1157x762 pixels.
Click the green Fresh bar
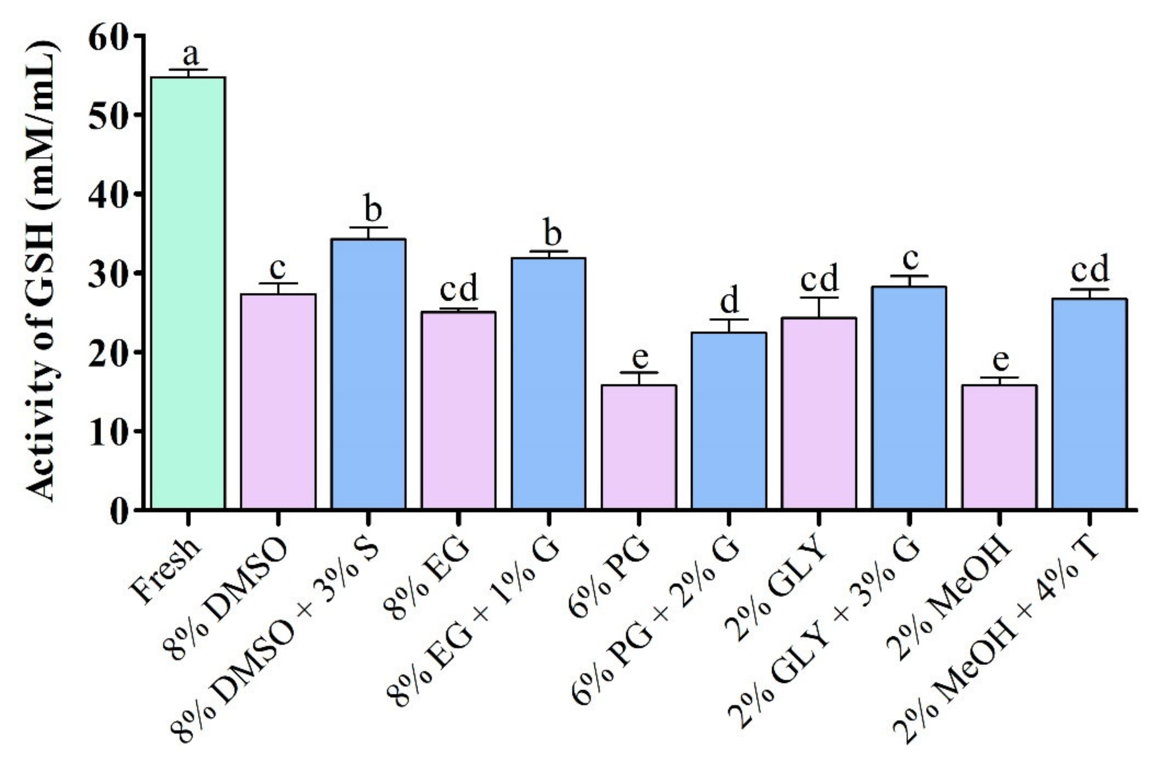point(187,292)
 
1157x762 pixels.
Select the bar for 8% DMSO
point(278,401)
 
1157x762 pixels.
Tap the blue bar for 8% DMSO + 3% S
point(369,374)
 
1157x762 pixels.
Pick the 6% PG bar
point(639,447)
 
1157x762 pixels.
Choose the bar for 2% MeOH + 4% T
point(1090,403)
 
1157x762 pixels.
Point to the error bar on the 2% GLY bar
point(819,307)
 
